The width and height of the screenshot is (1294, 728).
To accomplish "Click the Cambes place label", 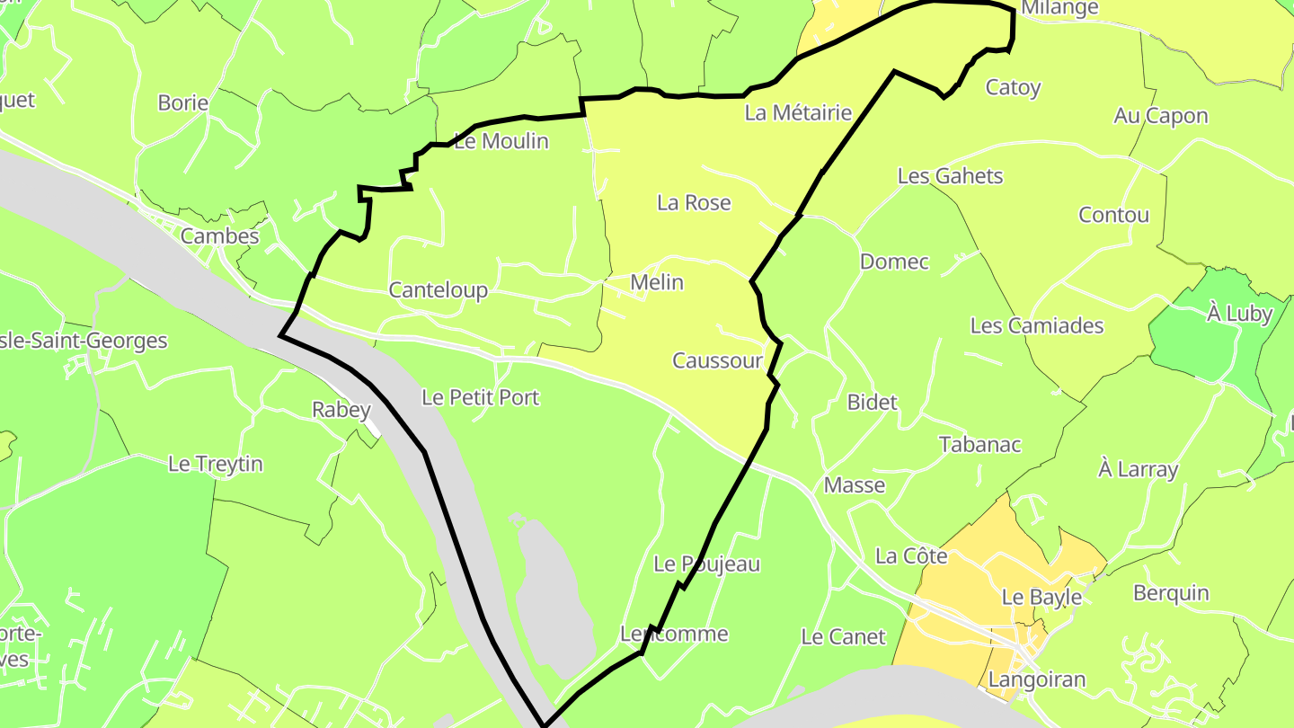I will pyautogui.click(x=220, y=236).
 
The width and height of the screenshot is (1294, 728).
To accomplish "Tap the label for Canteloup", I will pyautogui.click(x=439, y=290).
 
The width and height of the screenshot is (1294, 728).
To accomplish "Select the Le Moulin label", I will pyautogui.click(x=501, y=141).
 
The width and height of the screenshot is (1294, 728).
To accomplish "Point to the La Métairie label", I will pyautogui.click(x=798, y=113).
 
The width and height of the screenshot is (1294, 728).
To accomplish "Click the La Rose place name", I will pyautogui.click(x=694, y=203).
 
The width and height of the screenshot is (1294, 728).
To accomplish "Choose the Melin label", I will pyautogui.click(x=657, y=283).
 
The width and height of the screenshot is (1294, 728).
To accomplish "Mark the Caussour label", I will pyautogui.click(x=718, y=361).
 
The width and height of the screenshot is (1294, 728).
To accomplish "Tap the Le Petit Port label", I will pyautogui.click(x=481, y=397).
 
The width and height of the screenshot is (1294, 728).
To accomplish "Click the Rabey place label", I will pyautogui.click(x=341, y=411).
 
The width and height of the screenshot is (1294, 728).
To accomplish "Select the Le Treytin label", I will pyautogui.click(x=216, y=465).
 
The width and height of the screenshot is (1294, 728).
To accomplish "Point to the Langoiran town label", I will pyautogui.click(x=1037, y=680).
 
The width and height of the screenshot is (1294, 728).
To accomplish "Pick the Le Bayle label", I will pyautogui.click(x=1041, y=598).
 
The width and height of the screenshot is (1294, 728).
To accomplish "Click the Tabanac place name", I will pyautogui.click(x=980, y=445).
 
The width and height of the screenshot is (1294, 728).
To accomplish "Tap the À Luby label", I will pyautogui.click(x=1240, y=314).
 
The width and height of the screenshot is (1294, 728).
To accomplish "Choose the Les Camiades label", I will pyautogui.click(x=1037, y=325).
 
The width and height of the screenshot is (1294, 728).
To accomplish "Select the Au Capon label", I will pyautogui.click(x=1161, y=116).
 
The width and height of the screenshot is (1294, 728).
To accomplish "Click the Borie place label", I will pyautogui.click(x=183, y=103).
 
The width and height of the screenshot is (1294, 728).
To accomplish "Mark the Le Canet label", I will pyautogui.click(x=843, y=637).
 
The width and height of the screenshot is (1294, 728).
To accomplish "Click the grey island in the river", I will pyautogui.click(x=553, y=593).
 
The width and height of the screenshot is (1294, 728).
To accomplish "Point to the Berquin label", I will pyautogui.click(x=1171, y=594).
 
